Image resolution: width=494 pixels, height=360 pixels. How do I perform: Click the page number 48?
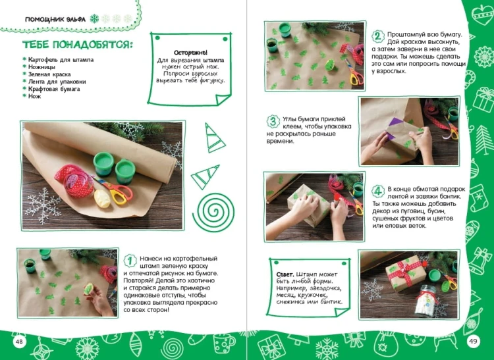coord(19,342)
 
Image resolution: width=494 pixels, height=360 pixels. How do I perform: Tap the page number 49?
coord(473,341)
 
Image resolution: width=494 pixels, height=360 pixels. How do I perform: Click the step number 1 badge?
coord(130,261)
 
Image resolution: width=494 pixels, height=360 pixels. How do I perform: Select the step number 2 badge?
coord(378,36)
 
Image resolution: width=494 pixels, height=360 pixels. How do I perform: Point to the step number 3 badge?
coord(273,121)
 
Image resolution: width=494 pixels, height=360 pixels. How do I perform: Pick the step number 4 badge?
coord(378,191)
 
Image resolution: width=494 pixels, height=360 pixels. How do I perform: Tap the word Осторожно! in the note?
coord(190,53)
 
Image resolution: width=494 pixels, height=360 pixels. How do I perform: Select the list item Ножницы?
coord(41,67)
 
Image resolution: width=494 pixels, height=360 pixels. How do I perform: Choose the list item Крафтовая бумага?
coord(54,89)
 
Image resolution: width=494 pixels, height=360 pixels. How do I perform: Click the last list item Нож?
coord(35,96)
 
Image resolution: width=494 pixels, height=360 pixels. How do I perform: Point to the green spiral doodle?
coord(213,213)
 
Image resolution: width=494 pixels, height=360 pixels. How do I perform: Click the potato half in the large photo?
coord(102,198)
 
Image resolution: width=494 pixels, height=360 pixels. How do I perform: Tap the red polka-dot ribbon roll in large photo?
coord(76,181)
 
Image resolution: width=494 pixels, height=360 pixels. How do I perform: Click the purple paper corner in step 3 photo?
coord(392,128)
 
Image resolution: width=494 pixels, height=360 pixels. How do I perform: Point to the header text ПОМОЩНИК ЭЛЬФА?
coord(55,20)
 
